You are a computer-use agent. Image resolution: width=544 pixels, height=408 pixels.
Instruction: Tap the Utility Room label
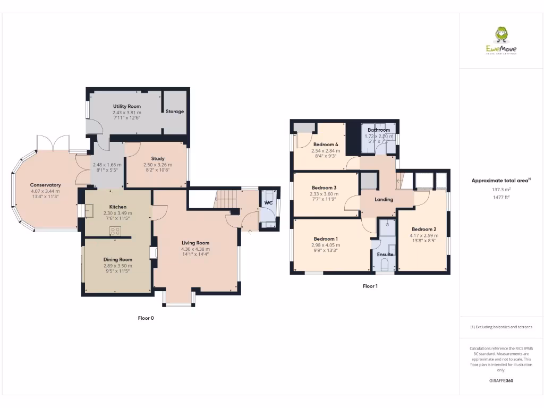pos(127,106)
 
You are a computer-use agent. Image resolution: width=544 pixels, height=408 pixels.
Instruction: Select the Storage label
pos(174,112)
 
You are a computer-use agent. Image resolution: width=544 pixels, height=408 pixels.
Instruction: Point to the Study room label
pos(157,158)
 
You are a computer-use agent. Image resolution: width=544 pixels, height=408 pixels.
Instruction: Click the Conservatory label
pos(45,185)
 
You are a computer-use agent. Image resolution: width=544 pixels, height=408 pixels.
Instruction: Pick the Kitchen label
pos(117,207)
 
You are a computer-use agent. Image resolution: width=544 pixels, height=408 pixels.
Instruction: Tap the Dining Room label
pos(117,259)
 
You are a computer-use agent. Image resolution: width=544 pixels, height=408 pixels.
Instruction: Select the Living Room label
pos(195,243)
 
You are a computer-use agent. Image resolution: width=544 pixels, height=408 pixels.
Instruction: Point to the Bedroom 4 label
pos(326,144)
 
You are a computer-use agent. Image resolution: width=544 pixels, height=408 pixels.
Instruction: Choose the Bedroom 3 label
pos(324,188)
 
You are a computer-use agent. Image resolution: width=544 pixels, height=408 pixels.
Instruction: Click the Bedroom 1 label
pos(325,239)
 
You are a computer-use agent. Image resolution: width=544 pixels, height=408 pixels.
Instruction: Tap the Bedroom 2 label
pos(423,229)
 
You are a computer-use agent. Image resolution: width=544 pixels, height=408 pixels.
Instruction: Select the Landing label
pos(384,200)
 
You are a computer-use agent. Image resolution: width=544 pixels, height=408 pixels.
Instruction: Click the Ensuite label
pos(385,254)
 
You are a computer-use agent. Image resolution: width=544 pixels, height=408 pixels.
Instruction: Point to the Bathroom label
pos(379,130)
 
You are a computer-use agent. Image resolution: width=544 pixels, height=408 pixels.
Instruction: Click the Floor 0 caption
pos(146,318)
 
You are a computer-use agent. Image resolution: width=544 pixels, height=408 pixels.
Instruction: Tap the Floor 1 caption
pos(370,286)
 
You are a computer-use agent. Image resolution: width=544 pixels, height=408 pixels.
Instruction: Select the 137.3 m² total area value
pos(501,189)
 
